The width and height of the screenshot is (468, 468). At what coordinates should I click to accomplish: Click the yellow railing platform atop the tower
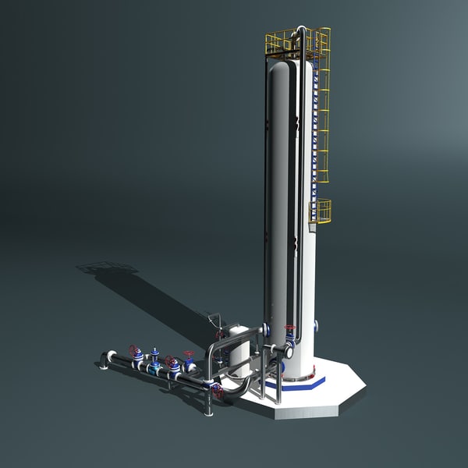297,44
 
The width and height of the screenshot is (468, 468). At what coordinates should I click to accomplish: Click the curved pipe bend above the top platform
300,32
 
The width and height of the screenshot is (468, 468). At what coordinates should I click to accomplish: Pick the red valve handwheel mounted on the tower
290,328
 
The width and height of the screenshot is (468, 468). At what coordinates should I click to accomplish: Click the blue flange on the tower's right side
316,326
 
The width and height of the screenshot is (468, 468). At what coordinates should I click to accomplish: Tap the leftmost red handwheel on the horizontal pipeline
134,350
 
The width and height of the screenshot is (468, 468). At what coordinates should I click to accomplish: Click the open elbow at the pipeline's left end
105,360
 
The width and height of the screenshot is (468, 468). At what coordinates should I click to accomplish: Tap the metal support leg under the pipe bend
209,402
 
